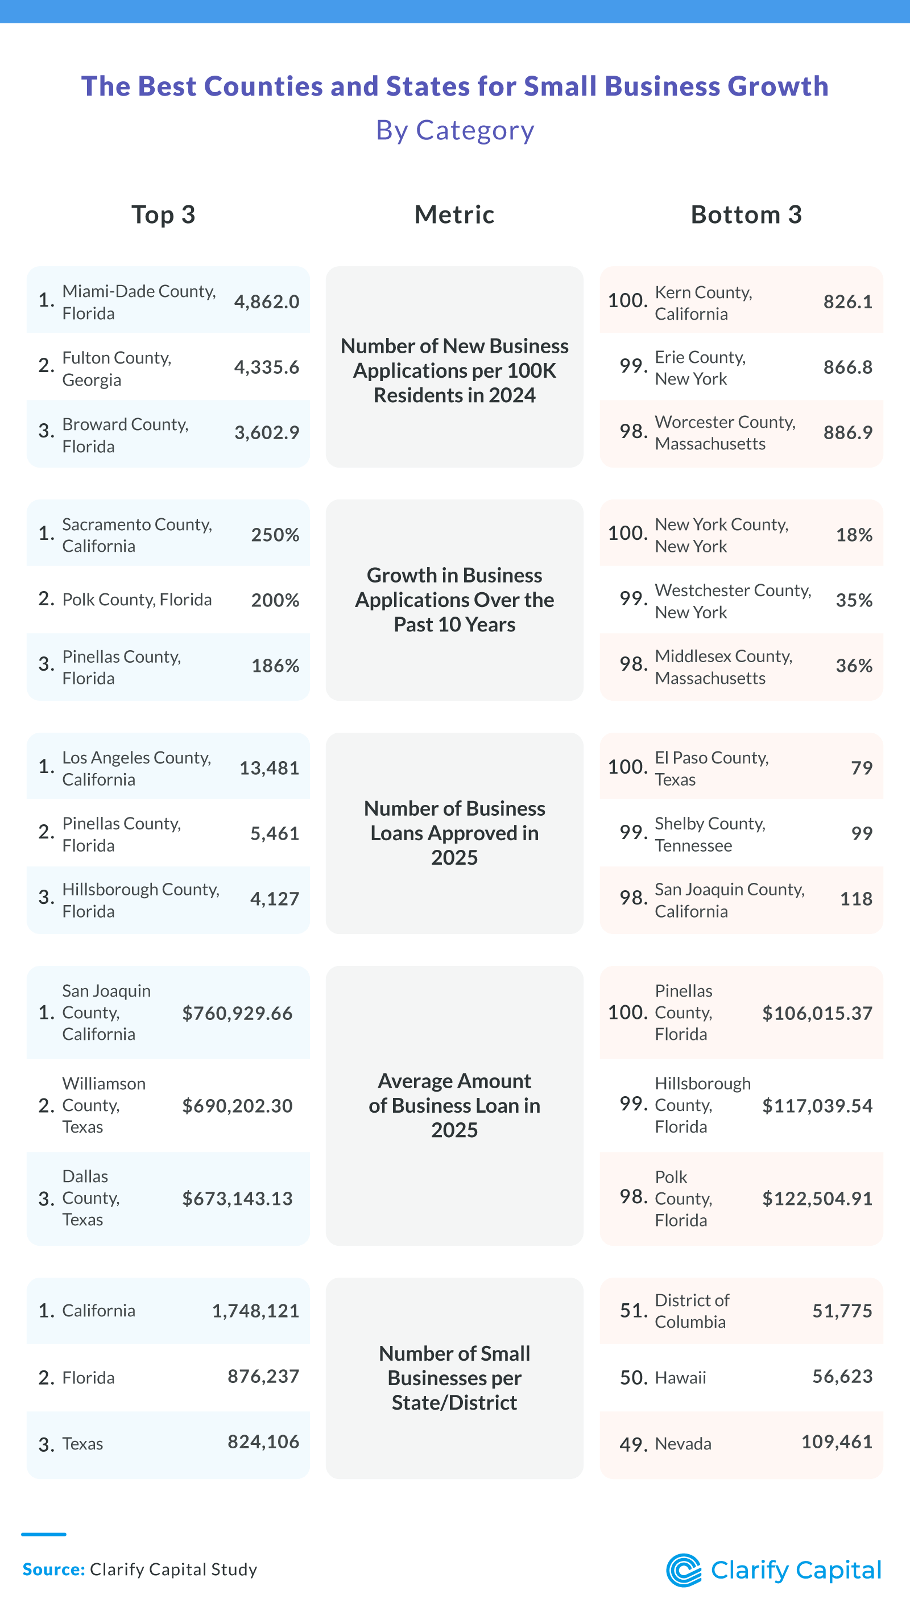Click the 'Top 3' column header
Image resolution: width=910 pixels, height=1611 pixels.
[x=163, y=214]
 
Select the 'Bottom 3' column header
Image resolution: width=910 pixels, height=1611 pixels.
[x=746, y=214]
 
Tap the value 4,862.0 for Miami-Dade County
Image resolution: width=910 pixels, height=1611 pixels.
[x=266, y=301]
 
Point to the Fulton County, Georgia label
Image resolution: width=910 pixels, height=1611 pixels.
[x=117, y=369]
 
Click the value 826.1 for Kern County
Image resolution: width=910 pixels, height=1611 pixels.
[x=847, y=301]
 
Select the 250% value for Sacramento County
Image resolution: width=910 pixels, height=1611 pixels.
[x=275, y=535]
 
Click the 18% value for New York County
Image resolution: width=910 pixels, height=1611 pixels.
[x=853, y=535]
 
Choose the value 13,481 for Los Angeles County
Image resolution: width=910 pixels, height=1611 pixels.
[x=269, y=768]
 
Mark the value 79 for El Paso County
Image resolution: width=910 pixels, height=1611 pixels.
[x=861, y=768]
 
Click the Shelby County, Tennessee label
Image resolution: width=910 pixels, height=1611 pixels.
[x=709, y=835]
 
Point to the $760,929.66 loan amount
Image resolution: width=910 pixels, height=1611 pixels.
[x=237, y=1013]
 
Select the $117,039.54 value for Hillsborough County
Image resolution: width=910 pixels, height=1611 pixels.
[x=816, y=1106]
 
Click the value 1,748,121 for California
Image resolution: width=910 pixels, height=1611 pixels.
[x=255, y=1311]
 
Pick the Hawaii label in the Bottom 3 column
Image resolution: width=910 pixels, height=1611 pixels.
[x=680, y=1378]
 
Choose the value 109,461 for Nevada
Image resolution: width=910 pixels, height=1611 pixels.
[x=836, y=1442]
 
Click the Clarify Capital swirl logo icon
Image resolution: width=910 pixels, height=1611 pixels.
[x=684, y=1571]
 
